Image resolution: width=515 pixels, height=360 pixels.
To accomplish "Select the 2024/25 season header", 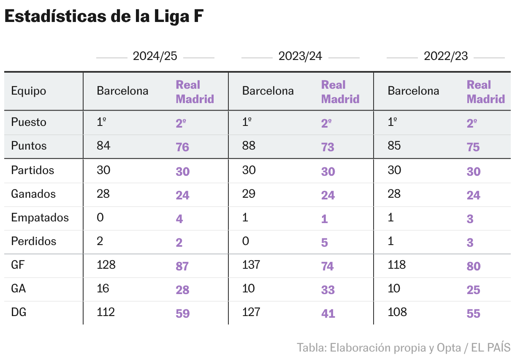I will coord(155,56).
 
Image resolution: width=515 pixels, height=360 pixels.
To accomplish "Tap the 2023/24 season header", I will coord(300,56).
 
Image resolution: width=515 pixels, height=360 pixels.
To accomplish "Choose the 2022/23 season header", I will coord(445,56).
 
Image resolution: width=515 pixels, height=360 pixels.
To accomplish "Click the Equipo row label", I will coord(29,91).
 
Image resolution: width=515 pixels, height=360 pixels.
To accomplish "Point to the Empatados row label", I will coord(40,218).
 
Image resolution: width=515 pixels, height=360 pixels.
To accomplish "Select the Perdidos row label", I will coord(33,241).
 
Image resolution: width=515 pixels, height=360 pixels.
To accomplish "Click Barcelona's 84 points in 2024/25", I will coord(103,146).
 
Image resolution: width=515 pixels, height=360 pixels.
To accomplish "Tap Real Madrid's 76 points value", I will coord(182,147).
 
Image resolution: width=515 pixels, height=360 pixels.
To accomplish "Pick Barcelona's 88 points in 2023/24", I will coord(249,146).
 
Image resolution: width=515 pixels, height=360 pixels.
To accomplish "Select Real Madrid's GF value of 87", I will coord(182,266).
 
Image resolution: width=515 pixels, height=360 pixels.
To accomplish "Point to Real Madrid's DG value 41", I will coord(328,314).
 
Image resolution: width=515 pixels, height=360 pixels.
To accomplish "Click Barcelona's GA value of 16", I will coord(103,289).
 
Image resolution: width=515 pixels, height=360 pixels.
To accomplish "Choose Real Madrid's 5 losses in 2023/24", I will coord(324,243).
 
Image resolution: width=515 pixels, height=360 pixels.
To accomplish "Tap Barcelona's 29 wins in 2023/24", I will coord(249,194).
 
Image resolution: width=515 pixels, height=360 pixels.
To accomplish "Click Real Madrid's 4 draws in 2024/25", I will coord(179,219).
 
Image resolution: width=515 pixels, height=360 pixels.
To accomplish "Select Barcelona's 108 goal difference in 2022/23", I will coord(397,312).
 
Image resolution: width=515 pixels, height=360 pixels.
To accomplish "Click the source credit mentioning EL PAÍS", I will coord(403,348).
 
